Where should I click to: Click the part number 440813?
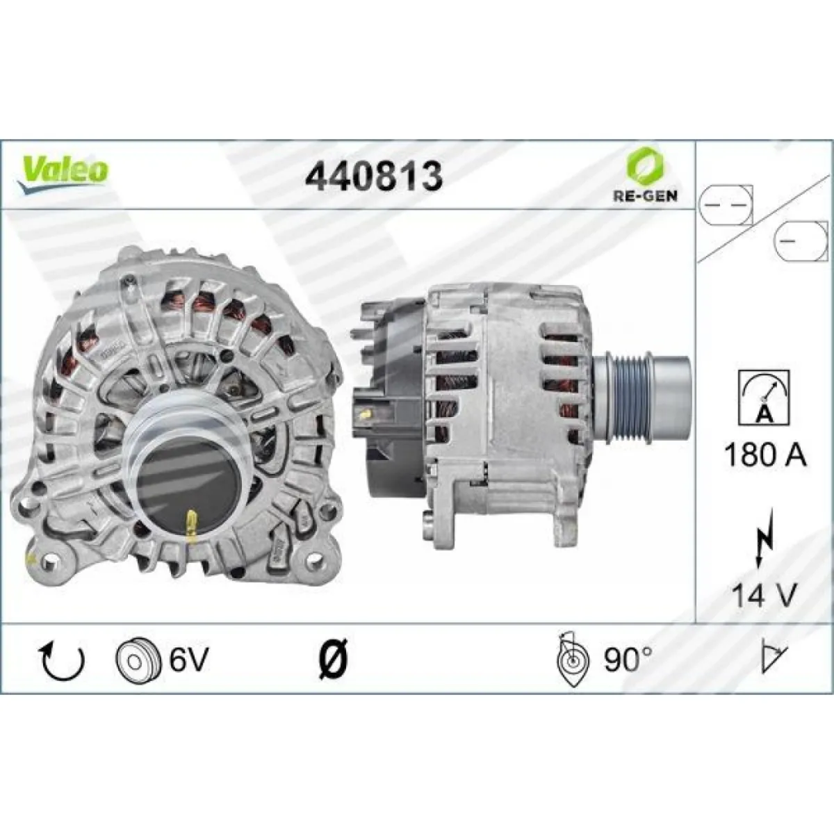pyautogui.click(x=374, y=176)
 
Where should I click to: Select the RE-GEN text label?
pyautogui.click(x=645, y=196)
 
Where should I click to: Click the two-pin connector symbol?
pyautogui.click(x=726, y=205)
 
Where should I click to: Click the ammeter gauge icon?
pyautogui.click(x=764, y=398)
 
